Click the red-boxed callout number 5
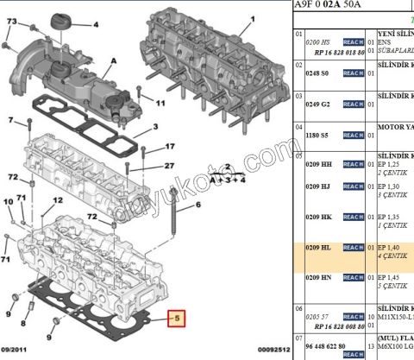pyautogui.click(x=177, y=317)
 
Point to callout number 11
pyautogui.click(x=160, y=104)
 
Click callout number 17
pyautogui.click(x=170, y=147)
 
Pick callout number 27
pyautogui.click(x=170, y=166)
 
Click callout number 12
pyautogui.click(x=57, y=200)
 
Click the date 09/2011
pyautogui.click(x=20, y=350)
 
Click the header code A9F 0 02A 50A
pyautogui.click(x=330, y=4)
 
